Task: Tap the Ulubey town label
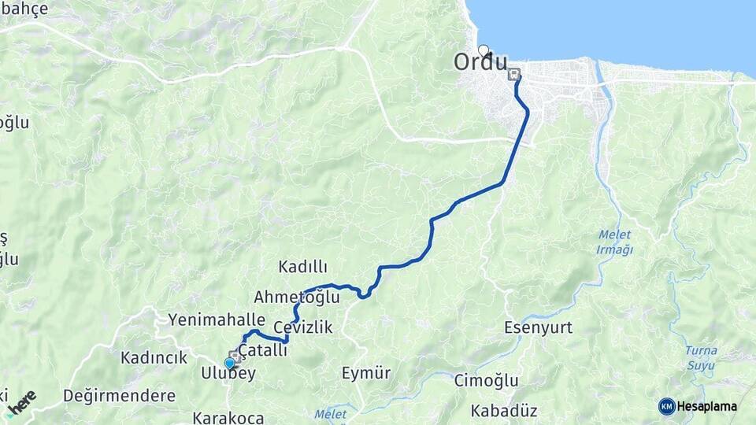pos(228,374)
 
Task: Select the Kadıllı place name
pos(302,267)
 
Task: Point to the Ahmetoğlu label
pos(296,297)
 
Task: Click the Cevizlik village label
pos(303,327)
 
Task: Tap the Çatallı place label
pos(263,350)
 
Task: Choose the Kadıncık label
pos(154,357)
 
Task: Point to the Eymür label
pos(366,373)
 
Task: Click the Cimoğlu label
pos(486,381)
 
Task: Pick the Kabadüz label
pos(503,411)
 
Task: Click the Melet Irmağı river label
pos(615,242)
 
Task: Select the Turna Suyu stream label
pos(700,357)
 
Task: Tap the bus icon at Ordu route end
pos(514,75)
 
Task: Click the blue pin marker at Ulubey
pos(229,363)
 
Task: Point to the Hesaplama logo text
pos(706,406)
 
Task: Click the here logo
pos(22,401)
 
